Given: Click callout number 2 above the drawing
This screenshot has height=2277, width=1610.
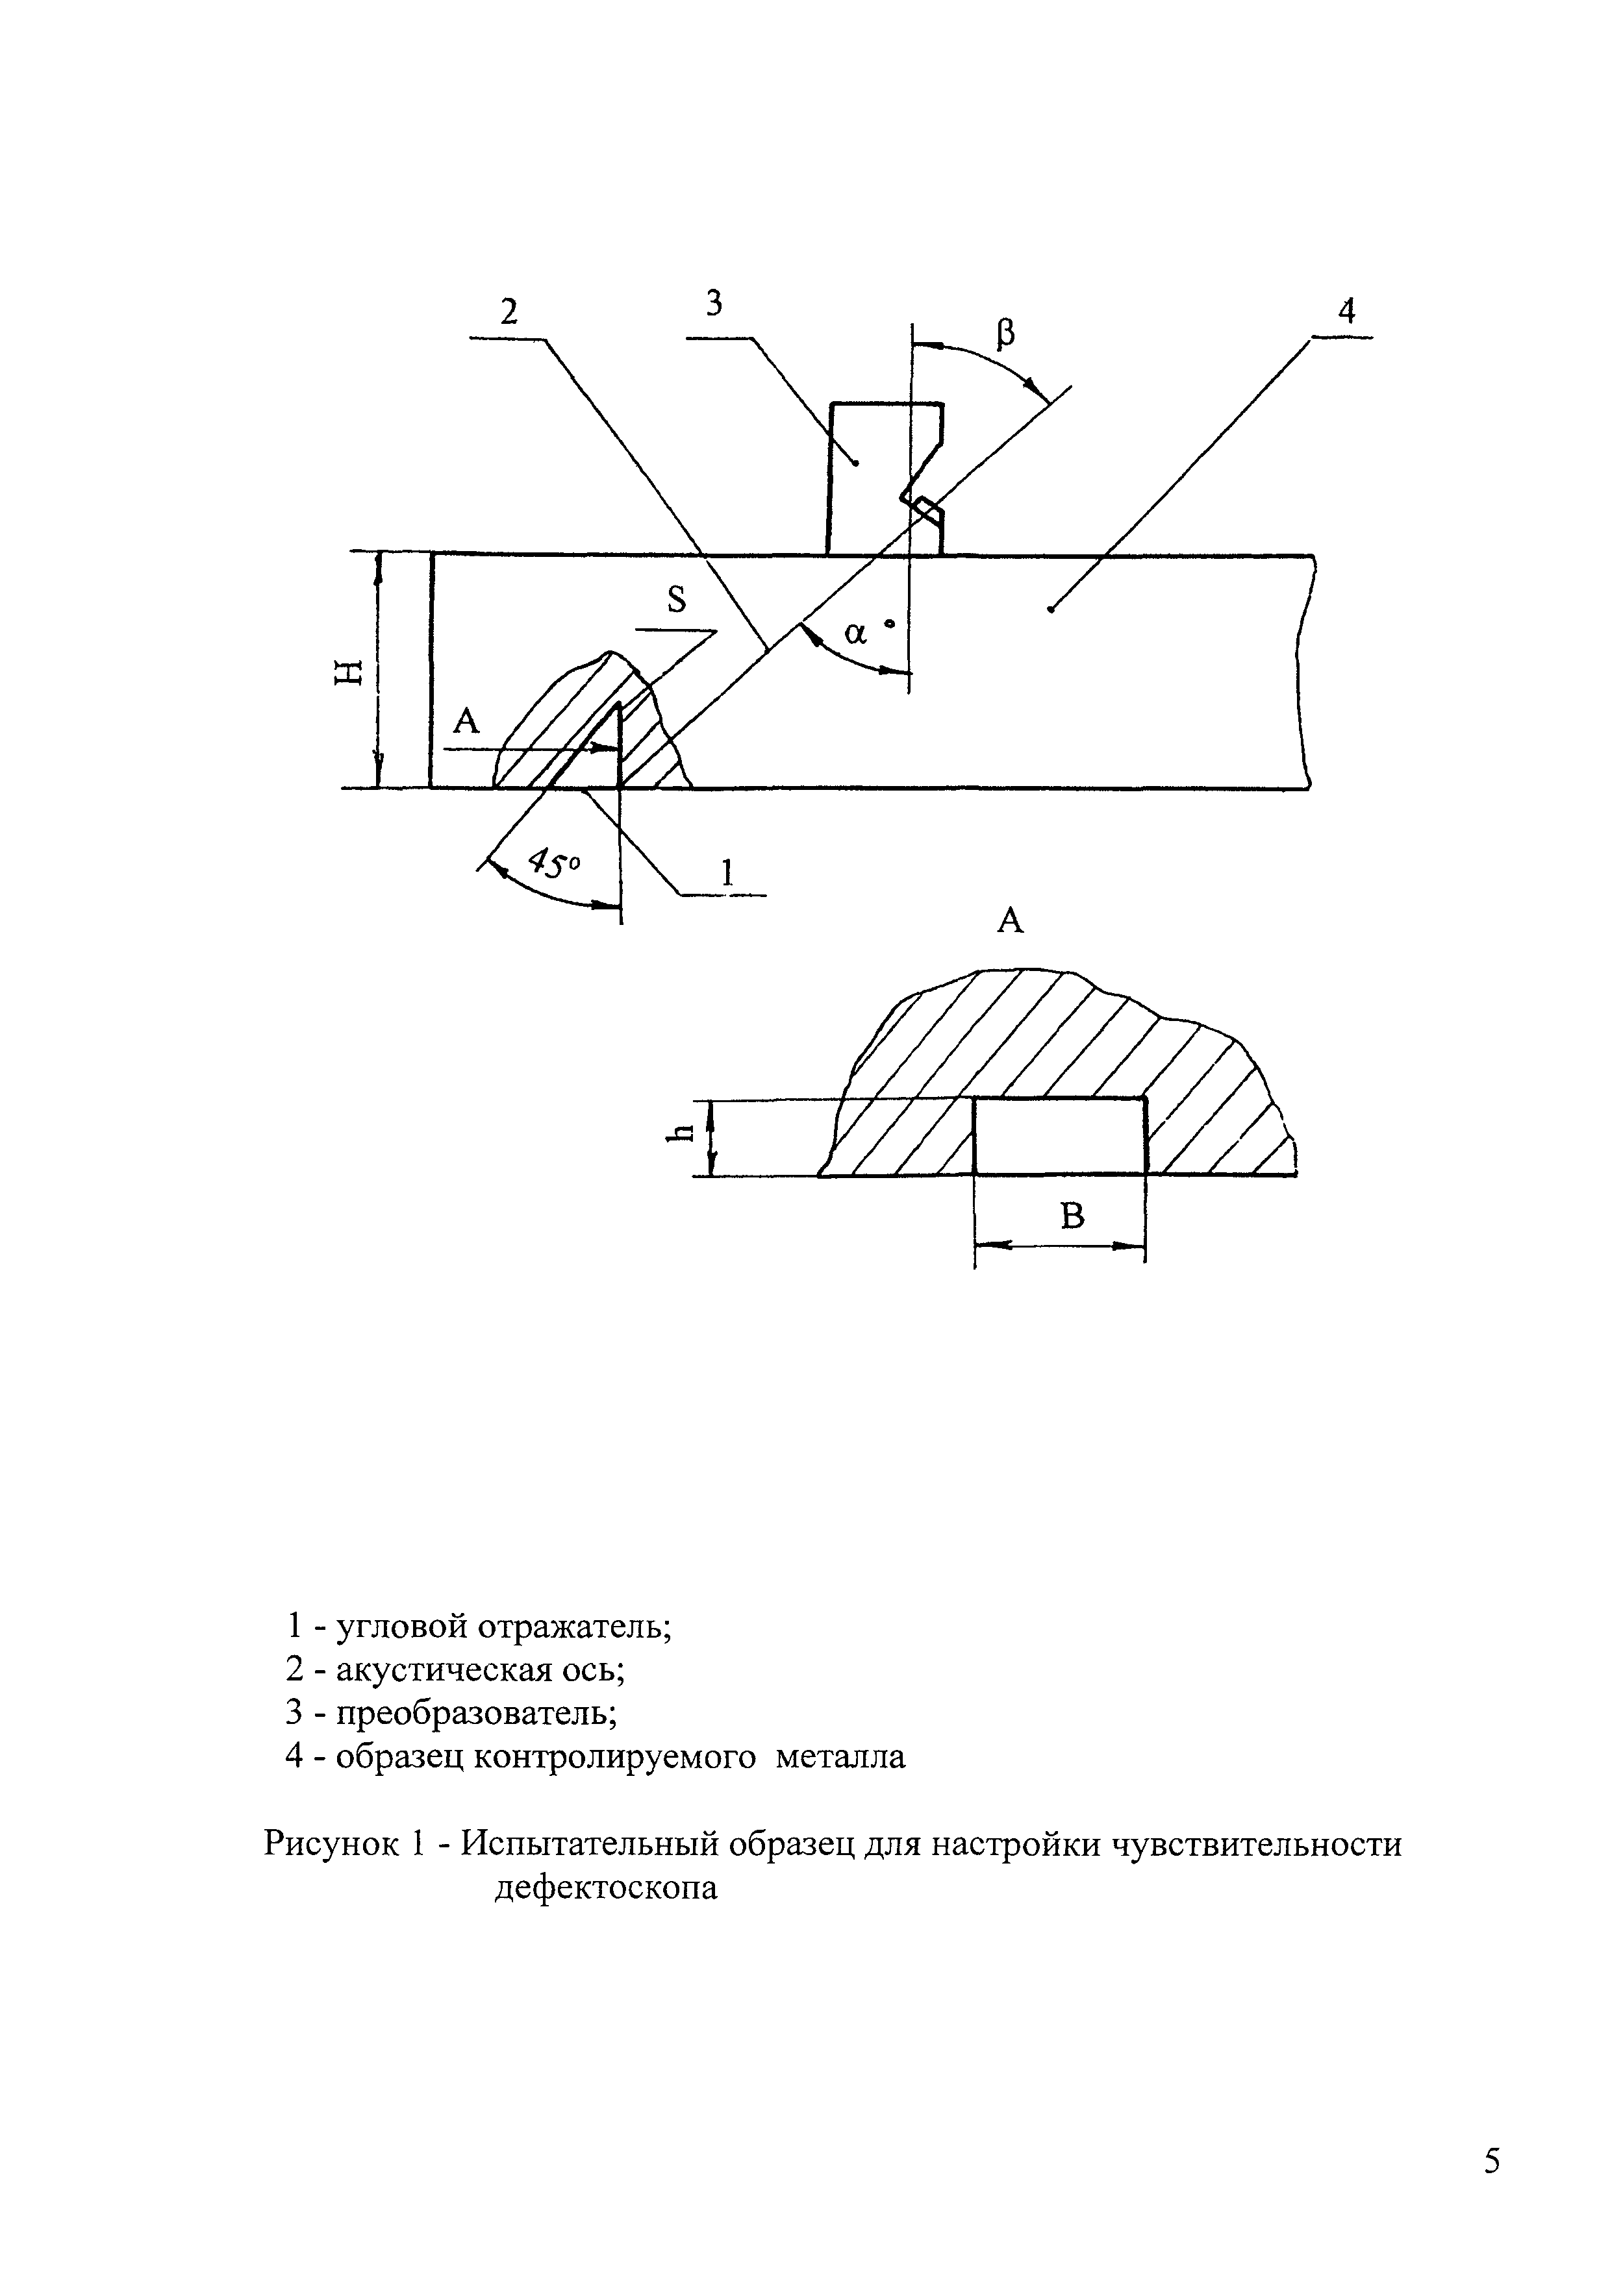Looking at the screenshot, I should click(509, 312).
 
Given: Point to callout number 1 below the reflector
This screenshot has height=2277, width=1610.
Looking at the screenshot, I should click(727, 873).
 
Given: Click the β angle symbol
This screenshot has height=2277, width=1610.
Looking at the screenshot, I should click(1005, 334).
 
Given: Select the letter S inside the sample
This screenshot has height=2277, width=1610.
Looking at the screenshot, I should click(677, 599).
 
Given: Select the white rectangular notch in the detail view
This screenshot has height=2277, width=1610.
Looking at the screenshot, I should click(1059, 1137).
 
